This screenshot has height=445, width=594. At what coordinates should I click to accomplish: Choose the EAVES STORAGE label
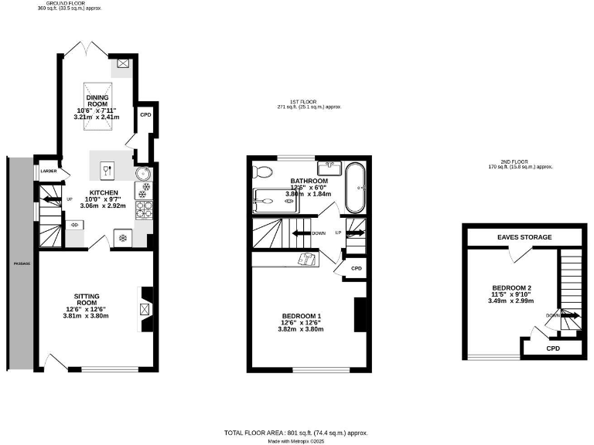tap(524, 237)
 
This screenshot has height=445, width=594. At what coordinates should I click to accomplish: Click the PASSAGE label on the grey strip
tap(21, 263)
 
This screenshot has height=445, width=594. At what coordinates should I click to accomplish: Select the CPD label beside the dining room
tap(145, 114)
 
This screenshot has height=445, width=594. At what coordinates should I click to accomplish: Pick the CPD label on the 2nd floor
tap(553, 348)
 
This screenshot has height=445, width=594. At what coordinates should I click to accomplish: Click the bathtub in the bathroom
tap(357, 188)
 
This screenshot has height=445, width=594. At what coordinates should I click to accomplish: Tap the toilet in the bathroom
tap(263, 172)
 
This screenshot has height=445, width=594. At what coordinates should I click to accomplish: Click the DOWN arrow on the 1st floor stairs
tap(317, 233)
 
